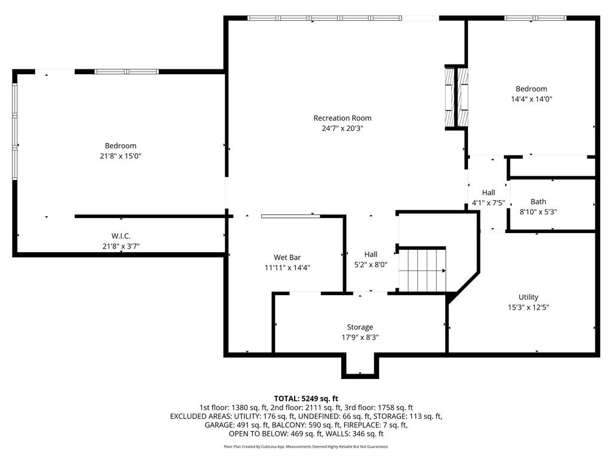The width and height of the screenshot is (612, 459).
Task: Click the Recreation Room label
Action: [342, 118]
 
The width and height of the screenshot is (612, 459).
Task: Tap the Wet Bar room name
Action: [287, 257]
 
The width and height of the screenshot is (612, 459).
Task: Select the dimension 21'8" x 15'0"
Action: [121, 156]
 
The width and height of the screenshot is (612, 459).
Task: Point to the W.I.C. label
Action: [121, 235]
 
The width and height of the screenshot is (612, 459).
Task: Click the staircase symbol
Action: [422, 270]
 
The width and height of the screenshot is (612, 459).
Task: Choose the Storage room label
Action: [360, 327]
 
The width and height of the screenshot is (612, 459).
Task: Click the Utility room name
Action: [528, 297]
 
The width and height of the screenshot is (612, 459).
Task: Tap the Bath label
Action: [538, 201]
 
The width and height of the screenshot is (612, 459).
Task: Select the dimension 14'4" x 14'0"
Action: [531, 99]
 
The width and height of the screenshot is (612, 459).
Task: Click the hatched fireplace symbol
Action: [456, 97]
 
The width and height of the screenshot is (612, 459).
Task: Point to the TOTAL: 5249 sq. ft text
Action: [306, 399]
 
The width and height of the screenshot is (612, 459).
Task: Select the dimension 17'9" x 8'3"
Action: [360, 337]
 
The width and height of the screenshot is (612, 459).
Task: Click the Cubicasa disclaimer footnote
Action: [306, 446]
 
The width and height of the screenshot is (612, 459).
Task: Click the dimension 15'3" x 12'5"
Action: [528, 307]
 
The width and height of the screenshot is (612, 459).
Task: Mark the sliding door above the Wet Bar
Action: [291, 216]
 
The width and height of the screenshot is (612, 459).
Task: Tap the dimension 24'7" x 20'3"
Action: [342, 128]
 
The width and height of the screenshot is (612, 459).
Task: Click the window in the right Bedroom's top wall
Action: [535, 18]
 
